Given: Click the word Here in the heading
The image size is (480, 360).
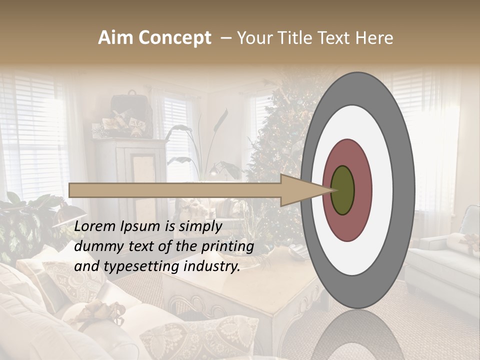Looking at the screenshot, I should coord(375,38).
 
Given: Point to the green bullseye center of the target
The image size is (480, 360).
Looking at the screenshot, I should coord(342,190).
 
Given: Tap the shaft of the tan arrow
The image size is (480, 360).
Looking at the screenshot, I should coord(175,190).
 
